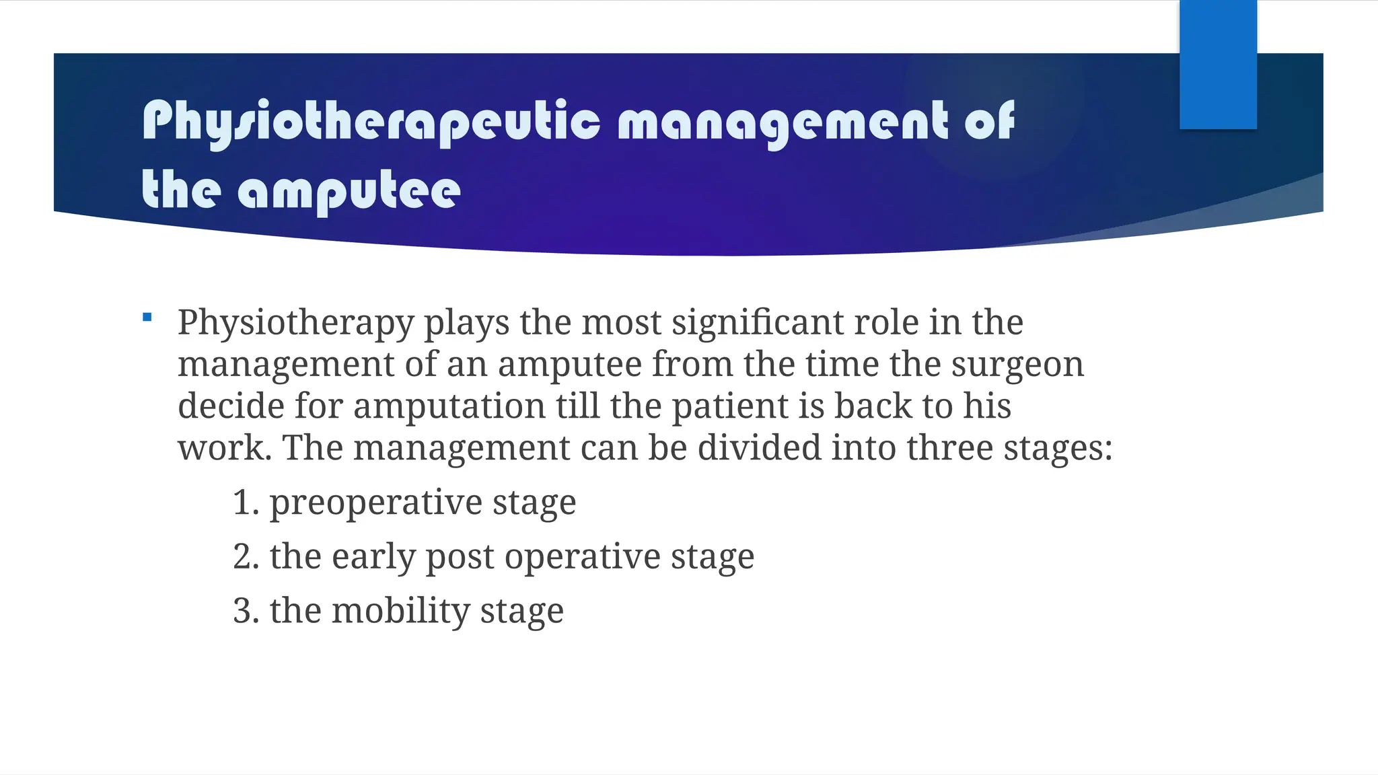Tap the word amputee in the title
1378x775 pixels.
pyautogui.click(x=349, y=191)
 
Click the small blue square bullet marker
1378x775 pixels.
pyautogui.click(x=147, y=317)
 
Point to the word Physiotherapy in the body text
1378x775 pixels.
pyautogui.click(x=295, y=323)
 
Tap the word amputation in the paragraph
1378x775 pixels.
pyautogui.click(x=449, y=406)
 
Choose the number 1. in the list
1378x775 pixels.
pyautogui.click(x=246, y=503)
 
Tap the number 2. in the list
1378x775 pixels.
pyautogui.click(x=246, y=557)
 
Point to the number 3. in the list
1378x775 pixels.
pyautogui.click(x=246, y=612)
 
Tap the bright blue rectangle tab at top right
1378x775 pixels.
pyautogui.click(x=1218, y=65)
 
